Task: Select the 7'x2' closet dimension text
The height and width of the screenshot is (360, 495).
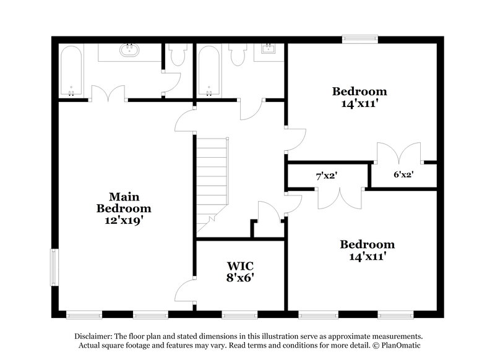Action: [327, 176]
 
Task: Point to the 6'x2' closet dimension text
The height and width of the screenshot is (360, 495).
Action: [403, 174]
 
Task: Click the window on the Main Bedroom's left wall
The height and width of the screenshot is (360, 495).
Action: [54, 267]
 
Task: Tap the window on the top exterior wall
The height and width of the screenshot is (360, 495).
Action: [361, 39]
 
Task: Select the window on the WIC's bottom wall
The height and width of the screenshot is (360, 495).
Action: [239, 314]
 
